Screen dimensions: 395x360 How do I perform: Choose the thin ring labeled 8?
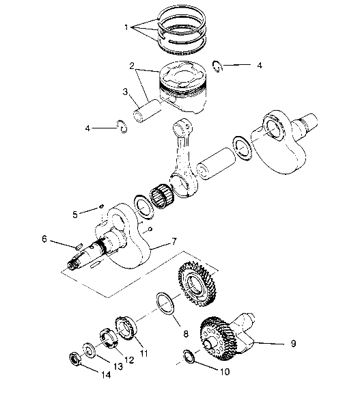pyautogui.click(x=165, y=301)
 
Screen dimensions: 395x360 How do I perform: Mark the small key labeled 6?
pyautogui.click(x=79, y=245)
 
